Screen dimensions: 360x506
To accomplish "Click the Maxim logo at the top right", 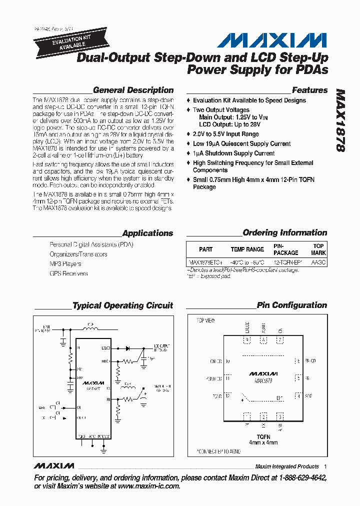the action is [x=275, y=40].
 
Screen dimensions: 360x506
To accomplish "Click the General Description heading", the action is [x=133, y=90].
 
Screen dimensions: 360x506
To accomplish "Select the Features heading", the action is [x=309, y=90].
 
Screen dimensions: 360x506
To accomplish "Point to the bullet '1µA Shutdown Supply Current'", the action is [x=233, y=153].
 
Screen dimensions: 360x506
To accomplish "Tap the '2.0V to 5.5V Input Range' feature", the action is [x=225, y=134].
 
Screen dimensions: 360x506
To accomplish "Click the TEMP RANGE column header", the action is [x=247, y=249].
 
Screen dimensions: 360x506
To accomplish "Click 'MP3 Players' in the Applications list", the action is [x=65, y=264].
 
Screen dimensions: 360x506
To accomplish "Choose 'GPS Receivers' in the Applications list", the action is [x=68, y=273].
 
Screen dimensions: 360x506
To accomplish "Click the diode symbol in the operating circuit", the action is [x=127, y=347].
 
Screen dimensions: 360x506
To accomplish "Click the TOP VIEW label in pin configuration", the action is [x=205, y=320].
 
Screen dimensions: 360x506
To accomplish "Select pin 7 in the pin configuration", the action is [x=280, y=340].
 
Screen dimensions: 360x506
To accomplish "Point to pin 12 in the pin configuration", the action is [x=228, y=396].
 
